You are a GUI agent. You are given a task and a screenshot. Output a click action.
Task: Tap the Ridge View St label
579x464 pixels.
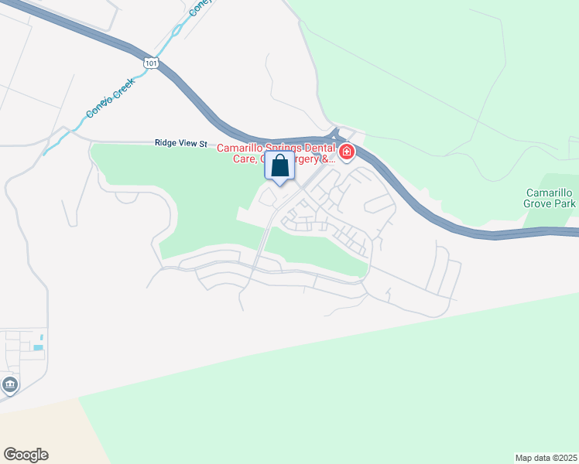coord(182,143)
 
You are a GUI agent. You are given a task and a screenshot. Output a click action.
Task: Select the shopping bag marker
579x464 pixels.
coord(280,166)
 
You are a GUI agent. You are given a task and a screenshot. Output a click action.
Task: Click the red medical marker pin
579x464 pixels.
coord(347,152)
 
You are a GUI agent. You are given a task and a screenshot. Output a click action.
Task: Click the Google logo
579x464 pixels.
coord(26,455)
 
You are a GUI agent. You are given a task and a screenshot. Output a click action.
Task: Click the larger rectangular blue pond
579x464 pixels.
coord(37,348)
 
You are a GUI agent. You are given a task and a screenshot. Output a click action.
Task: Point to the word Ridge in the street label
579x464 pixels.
coord(166,143)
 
